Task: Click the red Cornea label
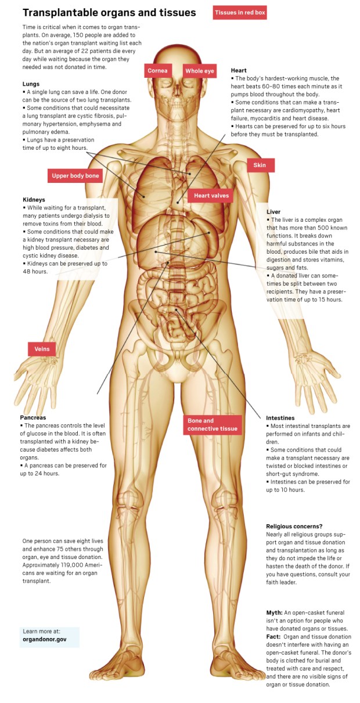(157, 71)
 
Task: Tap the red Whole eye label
(200, 71)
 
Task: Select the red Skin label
(260, 165)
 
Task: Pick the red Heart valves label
(211, 196)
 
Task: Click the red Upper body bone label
(75, 176)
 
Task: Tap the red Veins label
(42, 349)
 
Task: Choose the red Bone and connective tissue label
(212, 425)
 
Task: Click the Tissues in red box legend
(240, 12)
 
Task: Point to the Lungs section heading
(31, 84)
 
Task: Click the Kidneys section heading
(34, 200)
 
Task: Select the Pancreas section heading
(33, 417)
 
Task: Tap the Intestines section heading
(280, 418)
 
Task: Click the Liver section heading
(273, 212)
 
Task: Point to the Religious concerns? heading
(294, 526)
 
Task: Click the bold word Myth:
(274, 612)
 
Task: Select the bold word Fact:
(273, 637)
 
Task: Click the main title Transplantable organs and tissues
(109, 13)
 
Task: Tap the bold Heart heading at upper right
(239, 70)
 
